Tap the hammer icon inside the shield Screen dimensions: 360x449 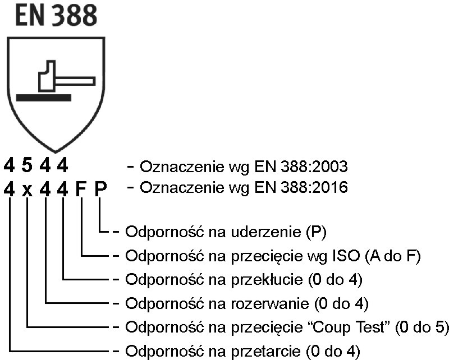click(62, 76)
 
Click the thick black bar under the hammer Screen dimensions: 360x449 click(44, 98)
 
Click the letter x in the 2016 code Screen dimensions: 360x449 click(28, 189)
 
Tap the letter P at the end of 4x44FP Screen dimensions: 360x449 click(100, 188)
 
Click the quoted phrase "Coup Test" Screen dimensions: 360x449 click(349, 327)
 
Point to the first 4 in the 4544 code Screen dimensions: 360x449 click(10, 166)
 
